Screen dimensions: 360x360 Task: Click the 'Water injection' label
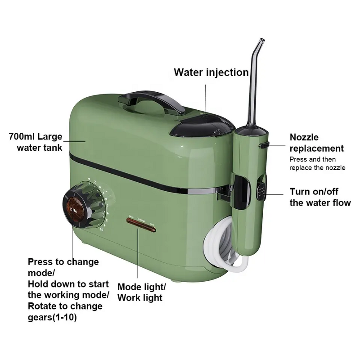211,72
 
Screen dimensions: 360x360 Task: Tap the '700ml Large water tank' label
36,141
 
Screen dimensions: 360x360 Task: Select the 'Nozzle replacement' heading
316,143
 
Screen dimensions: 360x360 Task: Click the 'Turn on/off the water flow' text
319,197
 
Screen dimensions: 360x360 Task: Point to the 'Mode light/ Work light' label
141,292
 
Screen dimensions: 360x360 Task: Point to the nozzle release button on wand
264,146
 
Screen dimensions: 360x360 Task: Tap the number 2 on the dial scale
95,182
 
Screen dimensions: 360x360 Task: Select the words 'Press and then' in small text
312,159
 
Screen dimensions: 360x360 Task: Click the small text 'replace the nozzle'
317,167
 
